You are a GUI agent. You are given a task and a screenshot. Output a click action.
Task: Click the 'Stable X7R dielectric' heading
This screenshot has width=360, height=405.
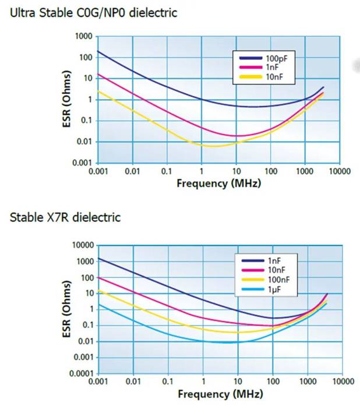coord(65,217)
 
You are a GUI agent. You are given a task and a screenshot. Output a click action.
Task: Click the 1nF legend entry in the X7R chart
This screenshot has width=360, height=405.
coord(272,260)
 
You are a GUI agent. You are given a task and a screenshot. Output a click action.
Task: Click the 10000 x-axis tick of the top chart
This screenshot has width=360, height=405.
coord(338,172)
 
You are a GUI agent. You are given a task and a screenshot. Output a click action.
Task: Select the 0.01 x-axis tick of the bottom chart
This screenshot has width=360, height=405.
coord(133,382)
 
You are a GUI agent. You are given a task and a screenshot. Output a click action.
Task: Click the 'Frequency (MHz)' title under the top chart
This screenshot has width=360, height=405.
coord(218,183)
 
